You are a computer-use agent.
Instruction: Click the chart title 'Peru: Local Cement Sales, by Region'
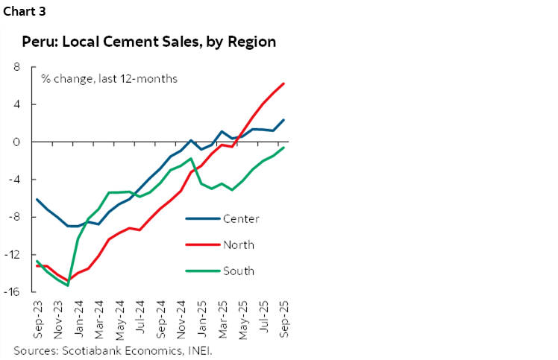(148, 42)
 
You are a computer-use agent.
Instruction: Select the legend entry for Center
(241, 218)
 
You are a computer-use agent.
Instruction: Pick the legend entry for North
(239, 244)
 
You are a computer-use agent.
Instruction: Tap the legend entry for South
(239, 271)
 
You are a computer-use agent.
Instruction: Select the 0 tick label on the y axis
(16, 142)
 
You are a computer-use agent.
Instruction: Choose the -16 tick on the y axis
(13, 292)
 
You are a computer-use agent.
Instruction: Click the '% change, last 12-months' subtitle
(109, 78)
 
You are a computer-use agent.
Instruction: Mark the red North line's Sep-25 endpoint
(283, 83)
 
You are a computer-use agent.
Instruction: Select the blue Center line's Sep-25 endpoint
(283, 120)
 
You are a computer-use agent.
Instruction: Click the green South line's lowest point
(68, 285)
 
